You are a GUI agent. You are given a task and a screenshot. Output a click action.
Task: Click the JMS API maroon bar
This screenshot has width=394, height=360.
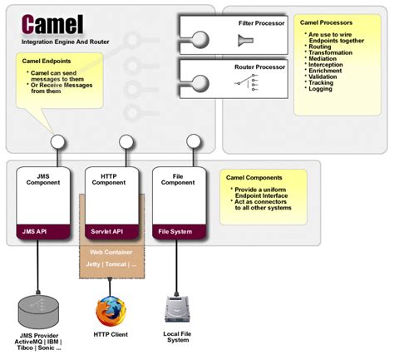pos(39,232)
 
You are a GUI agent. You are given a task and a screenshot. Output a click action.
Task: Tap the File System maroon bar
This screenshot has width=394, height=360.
pos(174,232)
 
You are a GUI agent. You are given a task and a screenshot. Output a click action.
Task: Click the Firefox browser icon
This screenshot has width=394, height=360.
pos(110,312)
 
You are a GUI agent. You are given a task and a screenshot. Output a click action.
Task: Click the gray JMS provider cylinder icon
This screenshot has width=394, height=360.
pos(38,312)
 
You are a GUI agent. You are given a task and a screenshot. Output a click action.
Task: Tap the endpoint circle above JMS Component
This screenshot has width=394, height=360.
pos(58,142)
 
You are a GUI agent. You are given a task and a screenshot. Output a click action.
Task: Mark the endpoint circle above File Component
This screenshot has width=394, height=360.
pos(193,142)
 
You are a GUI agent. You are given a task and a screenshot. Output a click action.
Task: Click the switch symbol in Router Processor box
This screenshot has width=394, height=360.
pos(249,81)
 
